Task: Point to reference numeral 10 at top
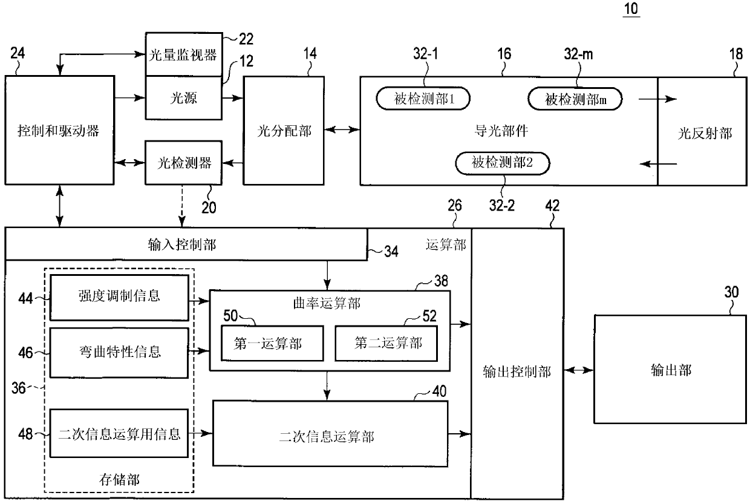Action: (x=631, y=8)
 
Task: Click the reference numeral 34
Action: (x=391, y=252)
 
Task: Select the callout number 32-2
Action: (x=502, y=205)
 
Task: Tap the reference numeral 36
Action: (x=18, y=388)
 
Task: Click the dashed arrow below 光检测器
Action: (x=182, y=206)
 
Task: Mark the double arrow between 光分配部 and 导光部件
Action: (x=342, y=129)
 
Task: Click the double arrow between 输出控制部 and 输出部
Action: (x=579, y=370)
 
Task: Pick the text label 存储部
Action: (x=119, y=480)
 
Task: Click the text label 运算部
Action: (x=446, y=244)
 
